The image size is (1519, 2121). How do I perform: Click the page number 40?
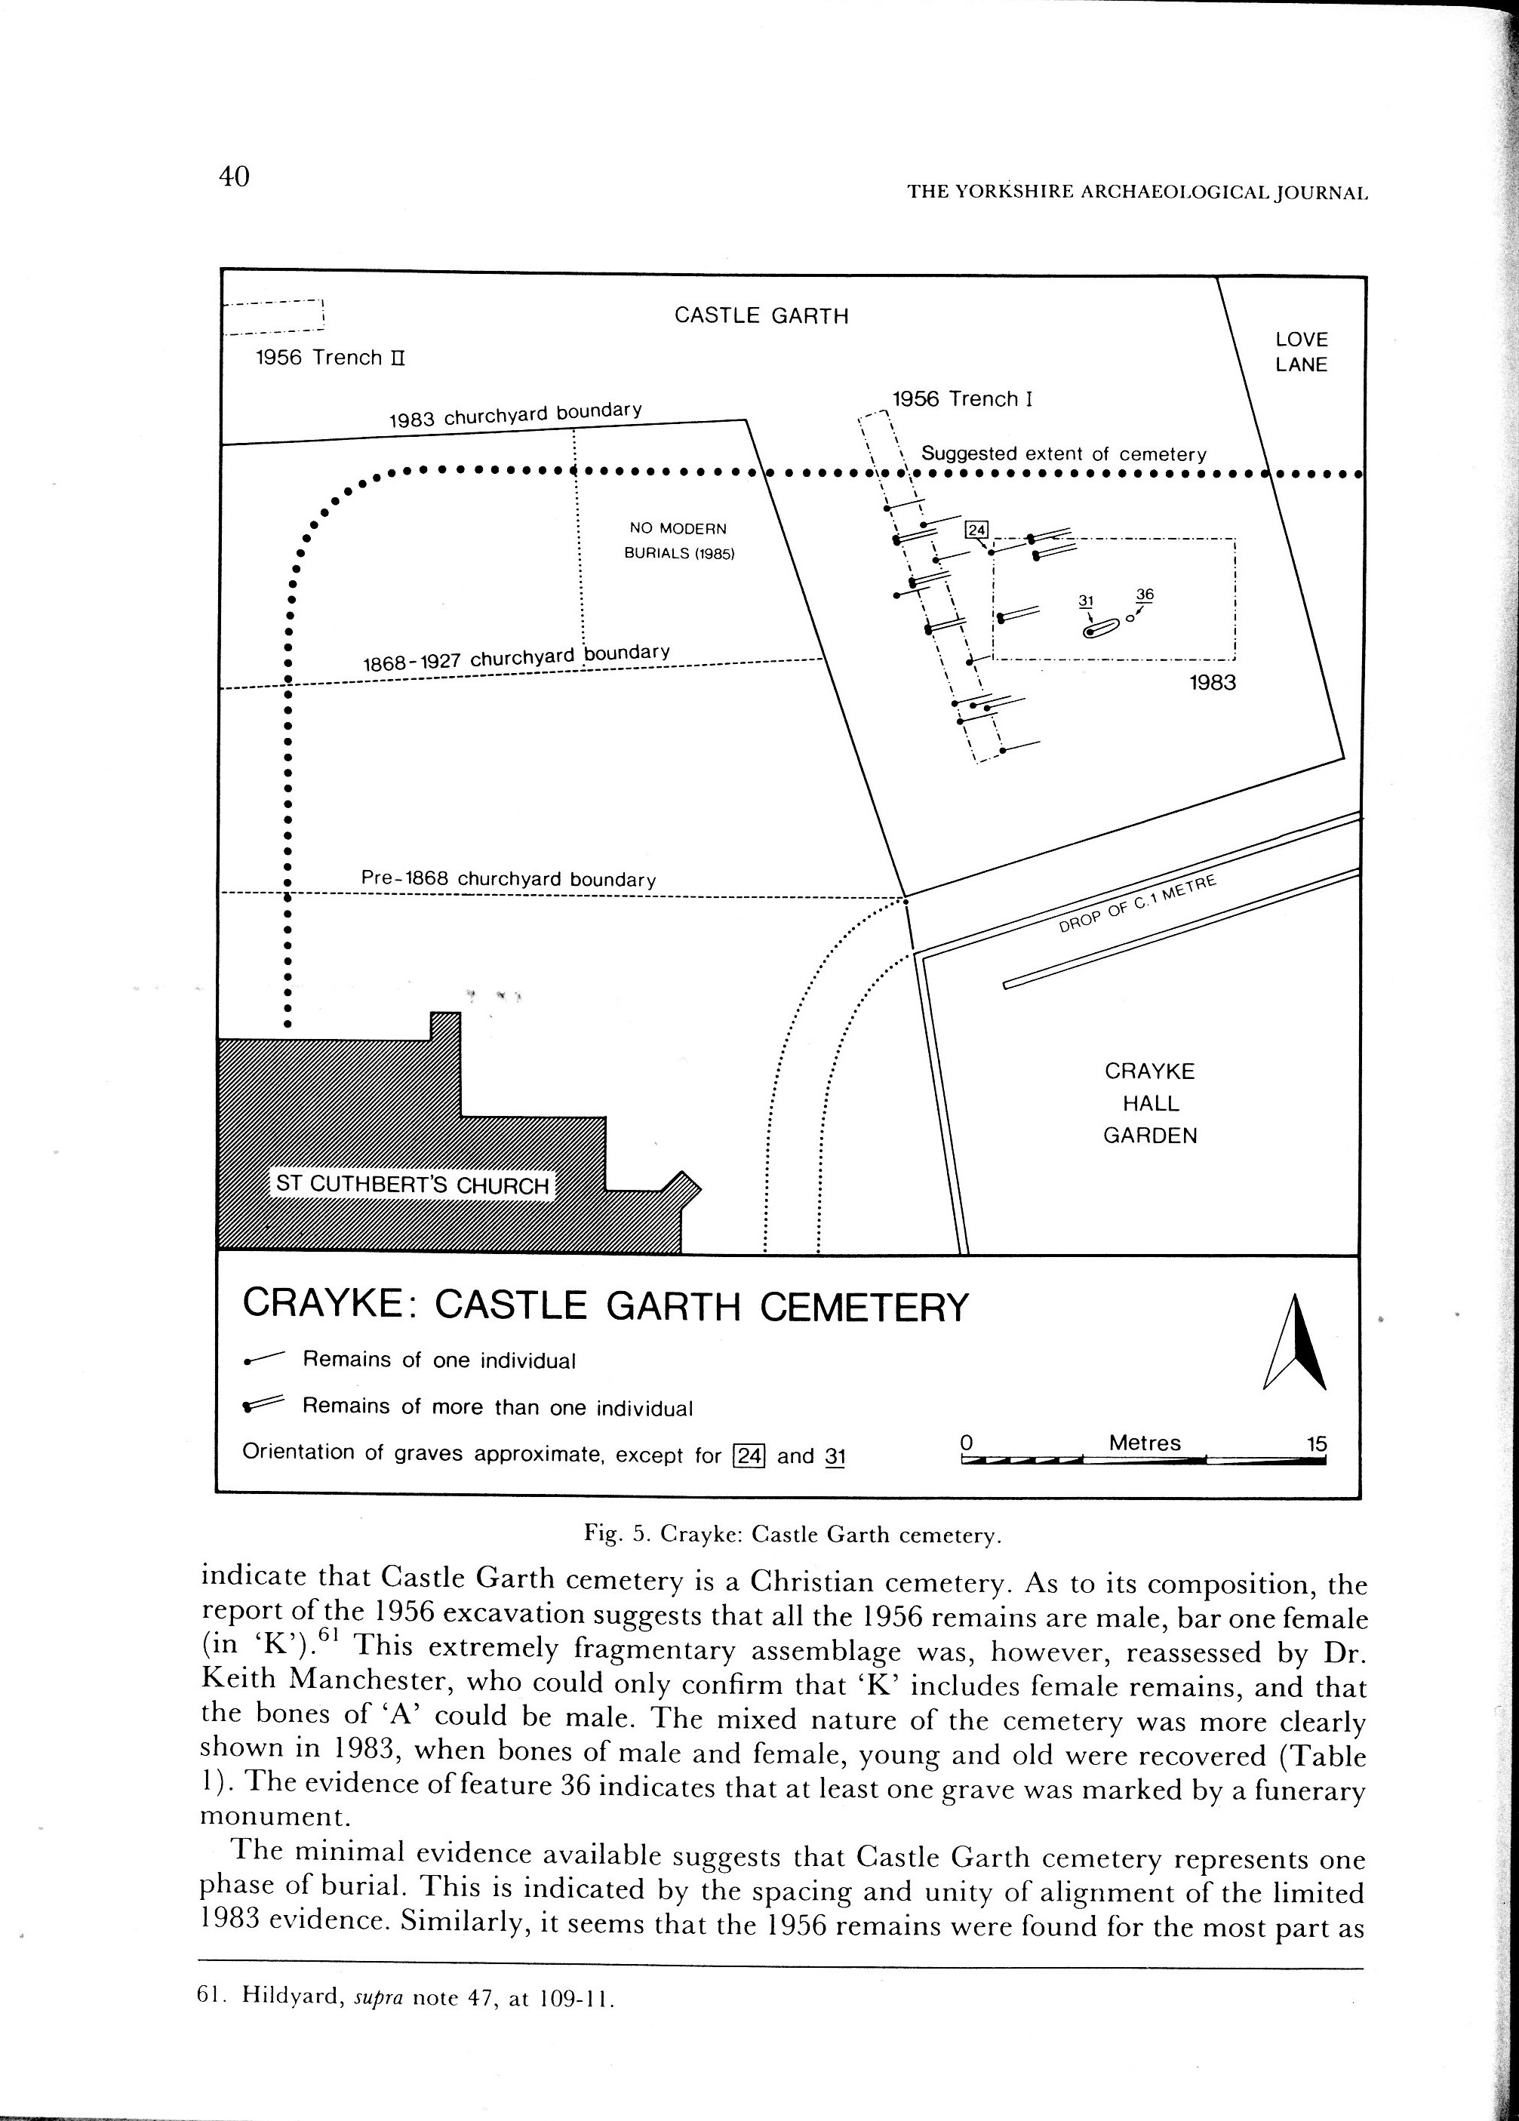[x=234, y=176]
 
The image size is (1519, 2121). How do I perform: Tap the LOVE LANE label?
[x=1301, y=352]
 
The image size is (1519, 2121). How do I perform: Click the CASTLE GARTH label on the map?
[x=761, y=315]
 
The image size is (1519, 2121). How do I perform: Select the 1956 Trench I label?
[x=961, y=399]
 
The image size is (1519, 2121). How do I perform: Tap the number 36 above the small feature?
[x=1145, y=595]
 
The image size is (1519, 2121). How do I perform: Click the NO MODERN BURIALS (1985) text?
[x=679, y=540]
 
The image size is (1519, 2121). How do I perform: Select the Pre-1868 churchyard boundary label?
[x=508, y=879]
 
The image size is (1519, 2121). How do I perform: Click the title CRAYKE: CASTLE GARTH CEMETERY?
[x=605, y=1305]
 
